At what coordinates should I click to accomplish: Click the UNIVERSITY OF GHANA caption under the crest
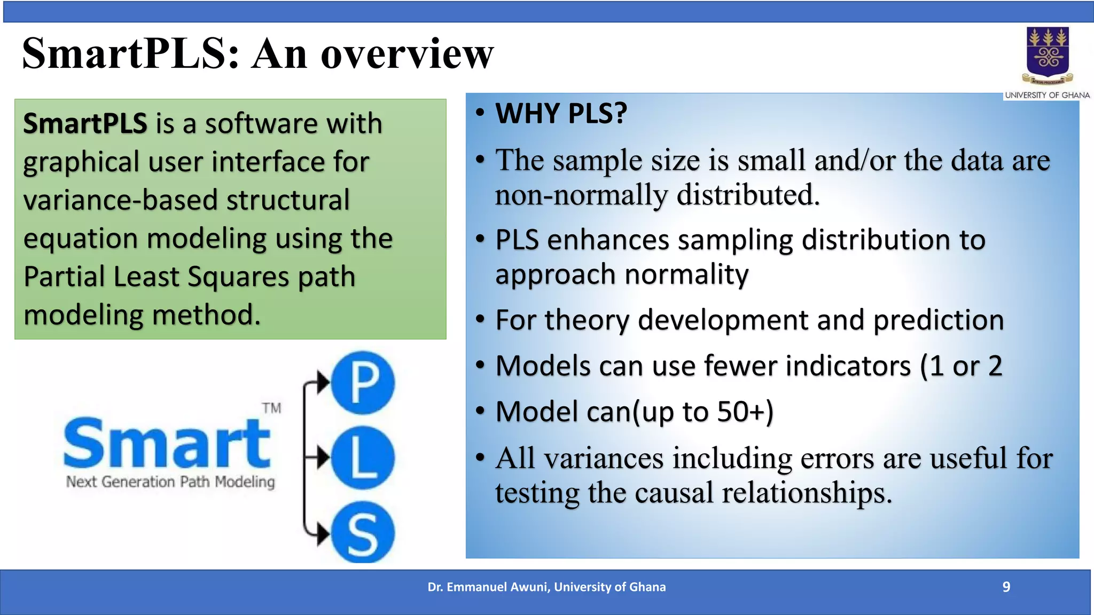(1047, 95)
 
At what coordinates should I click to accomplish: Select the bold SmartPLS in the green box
(85, 123)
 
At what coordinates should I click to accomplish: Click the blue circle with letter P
(363, 382)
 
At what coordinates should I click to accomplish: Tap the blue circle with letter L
(363, 458)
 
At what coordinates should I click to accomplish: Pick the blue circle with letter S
(363, 533)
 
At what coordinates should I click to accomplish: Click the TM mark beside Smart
(271, 408)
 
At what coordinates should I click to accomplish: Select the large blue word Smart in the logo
(167, 443)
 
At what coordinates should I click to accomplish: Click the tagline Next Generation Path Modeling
(170, 482)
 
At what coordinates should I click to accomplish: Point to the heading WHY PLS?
(561, 113)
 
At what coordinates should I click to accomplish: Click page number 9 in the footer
(1006, 587)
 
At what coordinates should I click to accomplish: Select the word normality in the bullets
(686, 274)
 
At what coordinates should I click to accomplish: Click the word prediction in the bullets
(939, 320)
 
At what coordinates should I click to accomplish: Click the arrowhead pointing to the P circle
(323, 382)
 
